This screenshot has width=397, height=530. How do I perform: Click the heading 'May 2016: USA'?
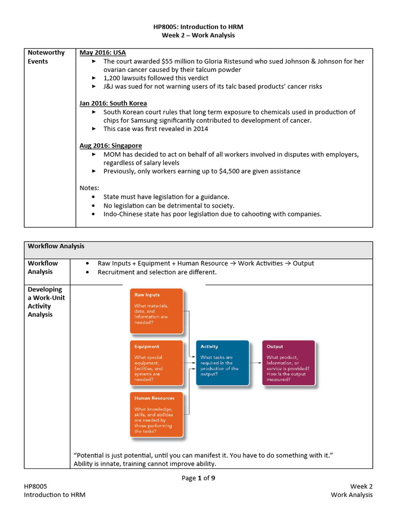[102, 53]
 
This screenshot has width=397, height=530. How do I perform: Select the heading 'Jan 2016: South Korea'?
[113, 103]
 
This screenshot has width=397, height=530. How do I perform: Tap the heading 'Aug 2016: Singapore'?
[111, 145]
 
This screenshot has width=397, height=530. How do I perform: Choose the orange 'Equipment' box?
[157, 362]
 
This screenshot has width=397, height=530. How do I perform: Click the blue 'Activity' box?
[222, 362]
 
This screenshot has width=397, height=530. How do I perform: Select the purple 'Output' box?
[288, 362]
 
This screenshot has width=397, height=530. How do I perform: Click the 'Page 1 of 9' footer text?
[198, 478]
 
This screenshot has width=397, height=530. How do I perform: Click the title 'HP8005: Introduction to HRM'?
[198, 26]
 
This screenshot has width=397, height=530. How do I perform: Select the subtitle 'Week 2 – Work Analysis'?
[198, 35]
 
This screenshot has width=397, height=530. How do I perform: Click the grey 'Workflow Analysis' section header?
[56, 246]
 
